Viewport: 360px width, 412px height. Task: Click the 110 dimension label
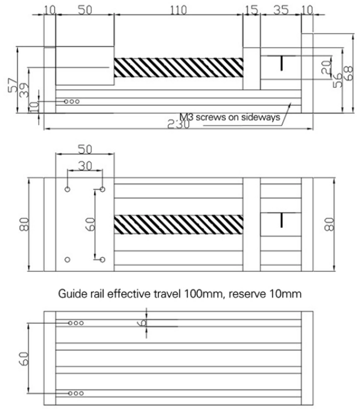click(x=178, y=9)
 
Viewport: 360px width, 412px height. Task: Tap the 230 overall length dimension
click(x=177, y=124)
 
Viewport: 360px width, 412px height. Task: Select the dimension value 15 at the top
click(x=251, y=9)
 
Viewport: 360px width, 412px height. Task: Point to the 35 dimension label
click(x=280, y=9)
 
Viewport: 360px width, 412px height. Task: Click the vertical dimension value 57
click(x=12, y=84)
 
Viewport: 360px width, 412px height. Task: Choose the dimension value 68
click(x=348, y=73)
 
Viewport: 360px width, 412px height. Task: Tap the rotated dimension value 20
click(x=326, y=69)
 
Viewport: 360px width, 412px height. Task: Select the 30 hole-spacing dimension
click(x=85, y=166)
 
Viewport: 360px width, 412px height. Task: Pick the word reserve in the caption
click(x=247, y=293)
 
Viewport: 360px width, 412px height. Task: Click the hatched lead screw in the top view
click(x=178, y=67)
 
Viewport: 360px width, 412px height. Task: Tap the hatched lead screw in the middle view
click(x=178, y=224)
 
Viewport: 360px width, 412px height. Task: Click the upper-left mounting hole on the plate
click(x=68, y=190)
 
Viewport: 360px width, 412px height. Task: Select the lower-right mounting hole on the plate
click(x=102, y=259)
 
